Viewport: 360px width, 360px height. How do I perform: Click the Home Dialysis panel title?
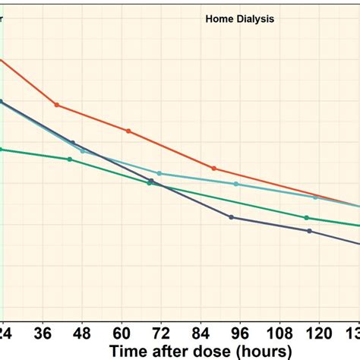click(x=239, y=17)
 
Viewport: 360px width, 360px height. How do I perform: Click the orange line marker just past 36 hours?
click(x=56, y=105)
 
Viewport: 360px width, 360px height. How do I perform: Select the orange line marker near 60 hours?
click(x=128, y=131)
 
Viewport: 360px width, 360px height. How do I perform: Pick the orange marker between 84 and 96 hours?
click(x=213, y=168)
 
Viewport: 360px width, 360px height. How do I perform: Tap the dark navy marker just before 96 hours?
click(x=231, y=217)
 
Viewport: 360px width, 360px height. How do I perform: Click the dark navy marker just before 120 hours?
click(x=309, y=231)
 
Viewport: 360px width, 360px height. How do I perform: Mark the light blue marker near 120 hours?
click(x=315, y=197)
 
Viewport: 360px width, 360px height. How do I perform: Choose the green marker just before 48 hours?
click(x=70, y=159)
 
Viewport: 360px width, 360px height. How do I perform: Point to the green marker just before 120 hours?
click(x=307, y=218)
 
